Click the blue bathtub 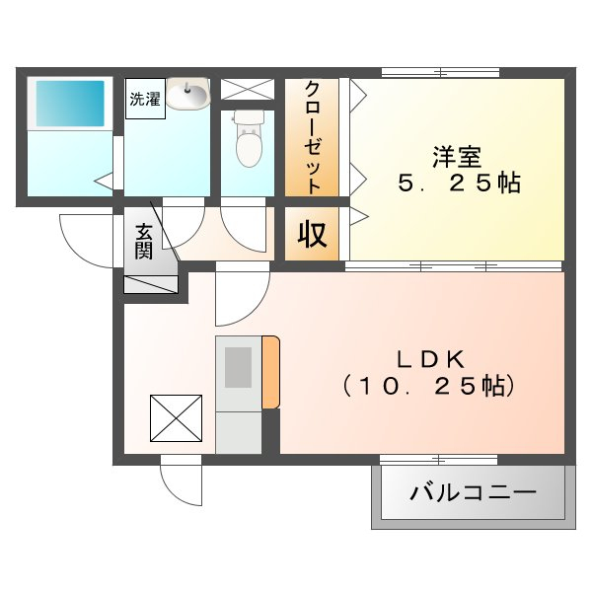click(70, 104)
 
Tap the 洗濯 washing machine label click(145, 99)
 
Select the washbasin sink click(187, 94)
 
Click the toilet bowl click(249, 139)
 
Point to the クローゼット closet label click(313, 137)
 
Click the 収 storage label click(312, 234)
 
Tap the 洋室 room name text click(457, 157)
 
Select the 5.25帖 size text click(460, 184)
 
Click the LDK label click(429, 359)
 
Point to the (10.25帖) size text click(428, 386)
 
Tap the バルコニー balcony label click(473, 492)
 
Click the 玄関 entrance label click(144, 242)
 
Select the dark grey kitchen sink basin click(238, 367)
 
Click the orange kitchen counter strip click(271, 372)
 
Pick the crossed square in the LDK click(176, 418)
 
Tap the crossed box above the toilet click(248, 90)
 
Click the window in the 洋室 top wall click(441, 72)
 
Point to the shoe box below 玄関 click(151, 285)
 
